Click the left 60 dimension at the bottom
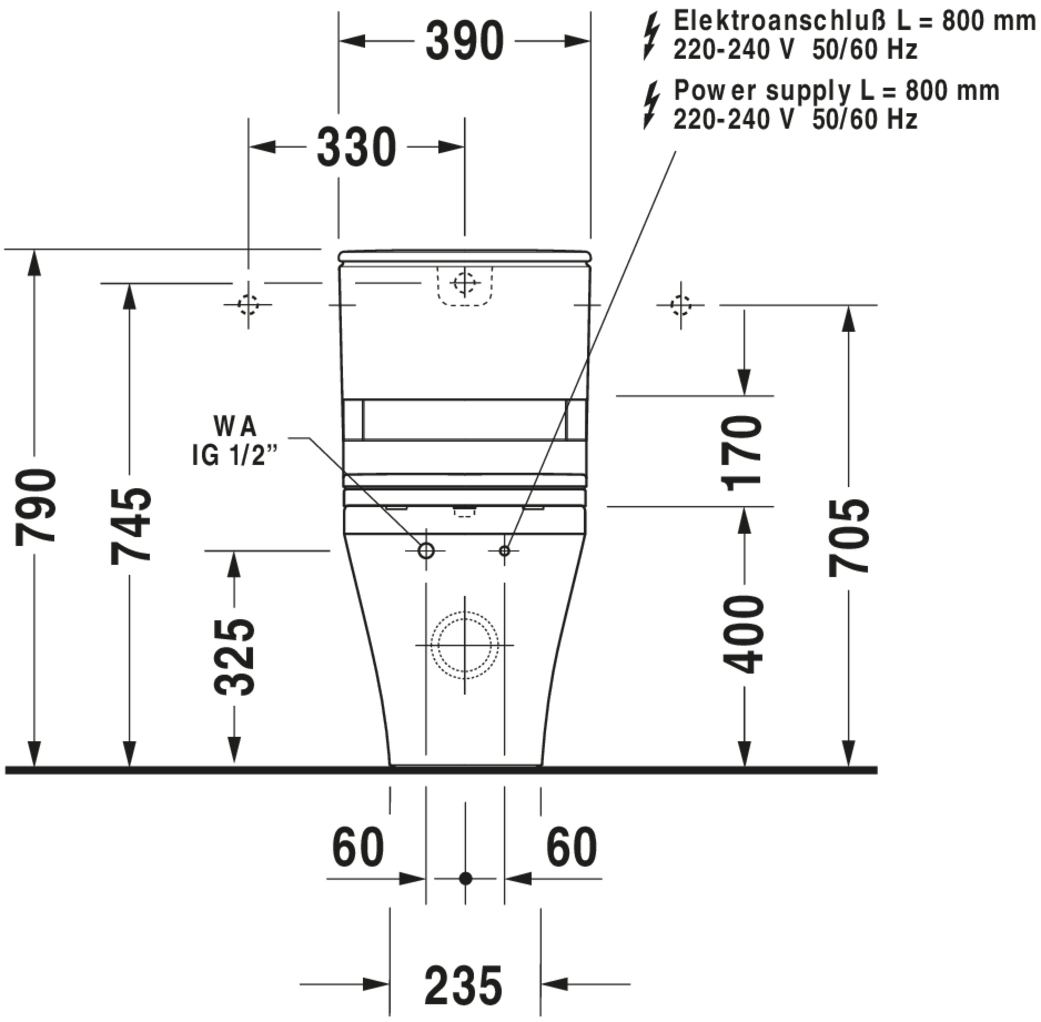358,848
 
